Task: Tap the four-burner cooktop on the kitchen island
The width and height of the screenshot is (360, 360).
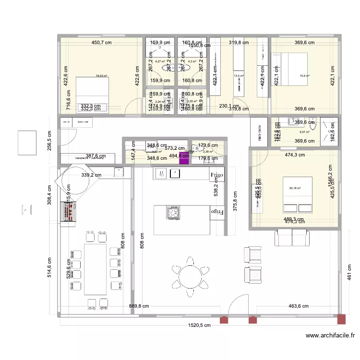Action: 173,212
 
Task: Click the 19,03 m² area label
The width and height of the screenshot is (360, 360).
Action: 102,76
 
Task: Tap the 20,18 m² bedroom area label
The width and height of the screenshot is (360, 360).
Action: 295,188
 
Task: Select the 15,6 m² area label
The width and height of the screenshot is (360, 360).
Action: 304,76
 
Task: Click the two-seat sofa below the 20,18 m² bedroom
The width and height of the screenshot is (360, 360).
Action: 292,238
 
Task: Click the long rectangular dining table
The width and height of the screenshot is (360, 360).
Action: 95,269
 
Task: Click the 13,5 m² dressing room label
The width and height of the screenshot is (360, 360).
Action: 239,76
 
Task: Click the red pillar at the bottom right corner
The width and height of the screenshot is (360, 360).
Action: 341,319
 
